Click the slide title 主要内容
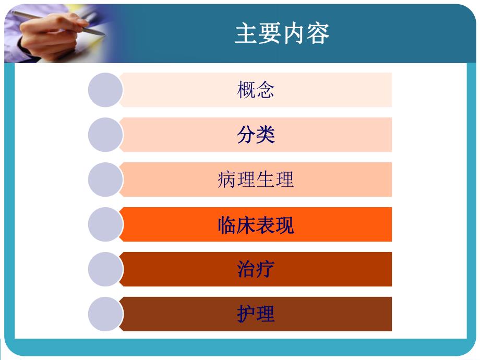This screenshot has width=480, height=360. [x=282, y=34]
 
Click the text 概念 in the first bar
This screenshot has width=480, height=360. [x=256, y=90]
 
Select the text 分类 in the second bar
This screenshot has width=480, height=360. [x=256, y=135]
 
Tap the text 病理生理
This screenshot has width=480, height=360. [x=256, y=180]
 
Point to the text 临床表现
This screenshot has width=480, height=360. [x=256, y=225]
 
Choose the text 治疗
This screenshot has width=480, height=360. [x=256, y=270]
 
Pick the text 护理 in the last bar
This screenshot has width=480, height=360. [x=256, y=315]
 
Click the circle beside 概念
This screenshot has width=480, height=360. [x=105, y=90]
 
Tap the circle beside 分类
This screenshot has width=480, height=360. [x=105, y=135]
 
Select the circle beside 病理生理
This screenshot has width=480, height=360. [x=105, y=180]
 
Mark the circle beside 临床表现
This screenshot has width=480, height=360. [x=105, y=225]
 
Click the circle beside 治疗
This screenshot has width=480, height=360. [x=105, y=270]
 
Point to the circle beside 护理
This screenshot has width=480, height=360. [x=105, y=315]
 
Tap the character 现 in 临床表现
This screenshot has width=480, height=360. [x=284, y=225]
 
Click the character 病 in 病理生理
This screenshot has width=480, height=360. [x=227, y=180]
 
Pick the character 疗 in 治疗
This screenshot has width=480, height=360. [x=265, y=270]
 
